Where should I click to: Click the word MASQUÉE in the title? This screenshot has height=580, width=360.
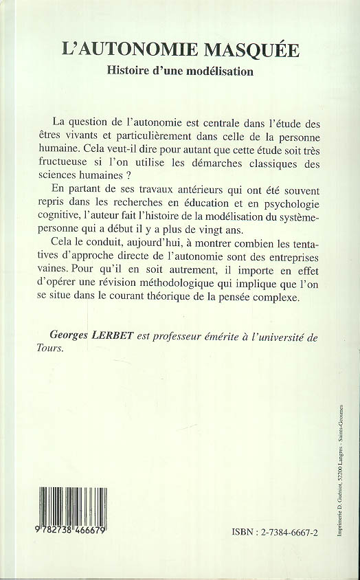[253, 49]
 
